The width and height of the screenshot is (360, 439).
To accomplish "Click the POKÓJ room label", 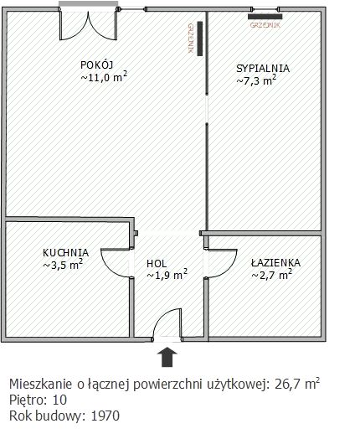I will [x=97, y=65].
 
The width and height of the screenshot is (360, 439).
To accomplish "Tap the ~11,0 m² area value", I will [x=103, y=77].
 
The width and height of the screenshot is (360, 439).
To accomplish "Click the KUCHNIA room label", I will [x=65, y=252].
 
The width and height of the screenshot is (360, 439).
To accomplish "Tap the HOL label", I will [x=157, y=262].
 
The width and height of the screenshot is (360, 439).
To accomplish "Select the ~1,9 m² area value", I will [x=167, y=274].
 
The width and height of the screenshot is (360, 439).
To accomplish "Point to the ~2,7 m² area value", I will [x=271, y=273].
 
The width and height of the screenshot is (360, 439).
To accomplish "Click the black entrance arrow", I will [x=167, y=357].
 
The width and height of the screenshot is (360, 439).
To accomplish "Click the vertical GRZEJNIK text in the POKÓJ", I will [x=193, y=39].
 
